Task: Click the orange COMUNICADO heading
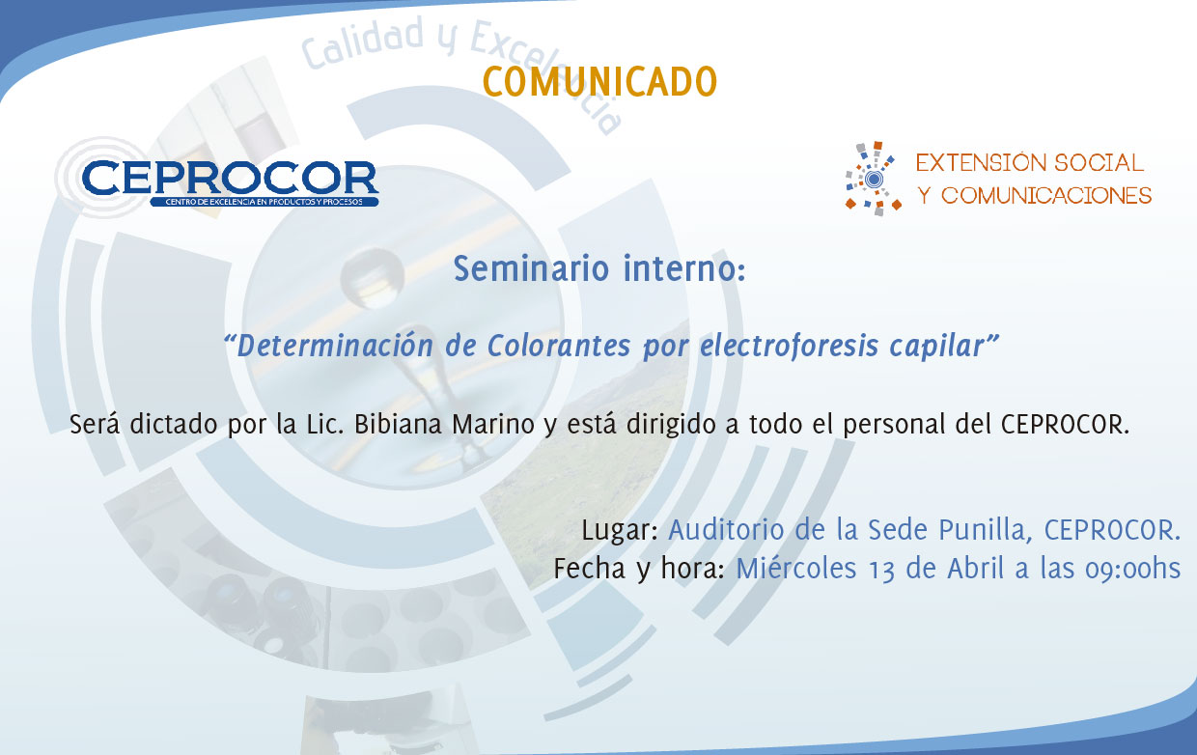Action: tap(599, 82)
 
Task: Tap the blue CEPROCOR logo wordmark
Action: tap(231, 178)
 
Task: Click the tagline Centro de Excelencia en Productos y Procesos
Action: tap(264, 202)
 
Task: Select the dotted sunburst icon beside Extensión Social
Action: tap(874, 179)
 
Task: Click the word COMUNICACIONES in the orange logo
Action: tap(1046, 196)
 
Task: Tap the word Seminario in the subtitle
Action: tap(531, 268)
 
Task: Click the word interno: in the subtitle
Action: tap(684, 268)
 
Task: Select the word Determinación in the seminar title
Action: tap(335, 346)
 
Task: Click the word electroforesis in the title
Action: tap(790, 346)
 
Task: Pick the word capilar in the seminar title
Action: tap(936, 347)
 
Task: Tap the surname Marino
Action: tap(493, 424)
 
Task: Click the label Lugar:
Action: tap(620, 531)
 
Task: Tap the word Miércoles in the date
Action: tap(796, 568)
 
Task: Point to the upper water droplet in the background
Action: tap(372, 277)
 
